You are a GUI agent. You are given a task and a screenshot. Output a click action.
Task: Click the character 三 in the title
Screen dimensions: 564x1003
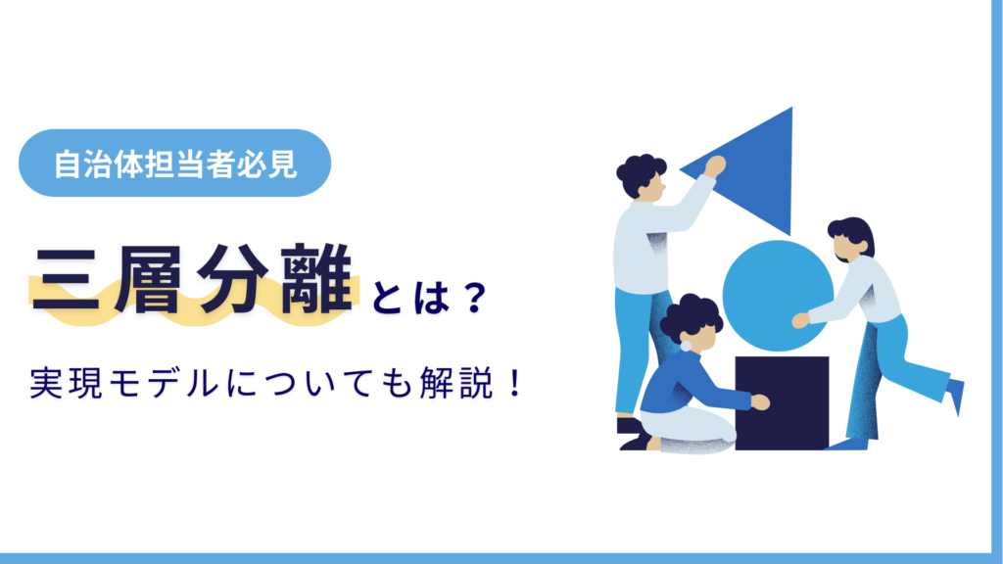[70, 280]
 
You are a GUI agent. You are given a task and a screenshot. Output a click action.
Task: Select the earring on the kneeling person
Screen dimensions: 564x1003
[685, 345]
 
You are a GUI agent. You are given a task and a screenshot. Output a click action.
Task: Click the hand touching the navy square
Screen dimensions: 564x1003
[760, 402]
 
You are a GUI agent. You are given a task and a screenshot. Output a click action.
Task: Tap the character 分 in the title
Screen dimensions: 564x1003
[237, 280]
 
